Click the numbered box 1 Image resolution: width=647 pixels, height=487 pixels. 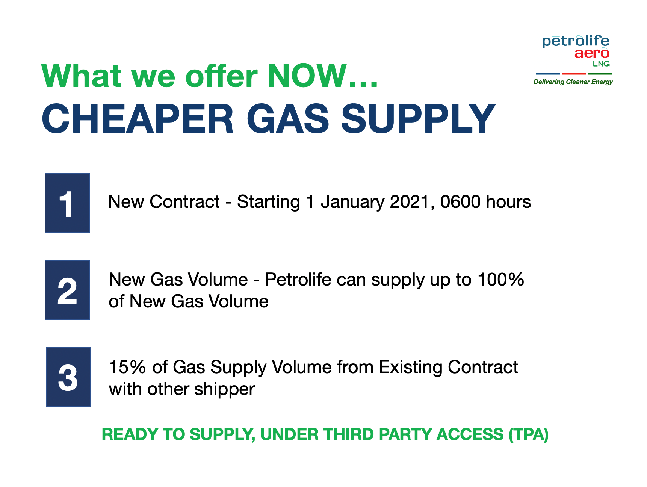click(x=67, y=203)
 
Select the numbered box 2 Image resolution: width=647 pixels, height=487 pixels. click(x=67, y=290)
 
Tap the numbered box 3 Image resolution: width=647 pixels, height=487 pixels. click(x=68, y=377)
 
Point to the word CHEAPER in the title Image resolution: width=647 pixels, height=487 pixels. click(x=138, y=119)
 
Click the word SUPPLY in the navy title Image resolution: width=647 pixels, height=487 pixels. click(x=418, y=119)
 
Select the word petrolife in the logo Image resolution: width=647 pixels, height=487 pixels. click(x=576, y=41)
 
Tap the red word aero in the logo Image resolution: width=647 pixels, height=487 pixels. click(x=592, y=53)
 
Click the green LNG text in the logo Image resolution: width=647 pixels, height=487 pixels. click(x=601, y=64)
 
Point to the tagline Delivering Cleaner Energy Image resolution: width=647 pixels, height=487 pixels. click(x=573, y=82)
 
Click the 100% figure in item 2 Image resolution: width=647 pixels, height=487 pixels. click(x=501, y=280)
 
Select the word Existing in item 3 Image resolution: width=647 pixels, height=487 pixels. click(x=411, y=368)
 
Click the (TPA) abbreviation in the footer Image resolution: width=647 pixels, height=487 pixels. click(x=529, y=434)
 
